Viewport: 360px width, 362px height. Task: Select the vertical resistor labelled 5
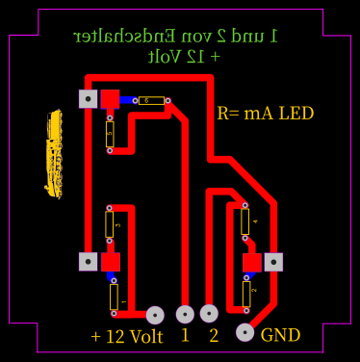tap(110, 134)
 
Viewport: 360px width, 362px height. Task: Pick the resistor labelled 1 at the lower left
tap(113, 297)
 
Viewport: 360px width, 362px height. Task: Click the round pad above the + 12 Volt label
tap(155, 313)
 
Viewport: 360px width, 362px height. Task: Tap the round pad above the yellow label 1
tap(185, 313)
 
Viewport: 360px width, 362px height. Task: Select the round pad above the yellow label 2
tap(210, 313)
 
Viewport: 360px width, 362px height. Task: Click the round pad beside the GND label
tap(244, 333)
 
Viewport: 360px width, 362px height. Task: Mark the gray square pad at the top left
tap(88, 97)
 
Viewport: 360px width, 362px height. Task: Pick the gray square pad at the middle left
tap(88, 261)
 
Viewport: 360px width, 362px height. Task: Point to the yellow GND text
tap(281, 336)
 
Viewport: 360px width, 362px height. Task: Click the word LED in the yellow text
tap(296, 114)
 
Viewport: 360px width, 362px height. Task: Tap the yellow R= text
tap(228, 114)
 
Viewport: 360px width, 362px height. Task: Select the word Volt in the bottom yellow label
tap(145, 337)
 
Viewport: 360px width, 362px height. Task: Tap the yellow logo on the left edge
tap(53, 154)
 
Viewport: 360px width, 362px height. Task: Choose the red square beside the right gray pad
tap(252, 261)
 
